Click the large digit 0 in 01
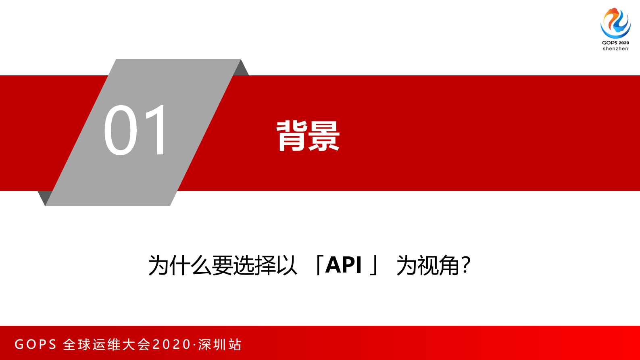(x=121, y=130)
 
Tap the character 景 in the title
(x=324, y=136)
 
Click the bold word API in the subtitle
(x=343, y=265)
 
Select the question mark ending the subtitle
(x=466, y=265)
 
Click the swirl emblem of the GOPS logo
(x=615, y=23)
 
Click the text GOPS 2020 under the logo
(x=615, y=43)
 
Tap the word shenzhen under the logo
(x=615, y=49)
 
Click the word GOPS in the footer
(x=35, y=344)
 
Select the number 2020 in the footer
(x=171, y=344)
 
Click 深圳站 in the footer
(x=220, y=344)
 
